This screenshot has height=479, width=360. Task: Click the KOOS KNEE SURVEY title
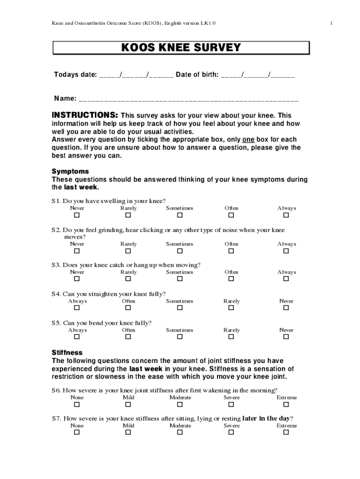(181, 48)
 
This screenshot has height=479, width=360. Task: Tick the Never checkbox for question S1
(77, 215)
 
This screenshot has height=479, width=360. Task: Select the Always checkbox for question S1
(286, 215)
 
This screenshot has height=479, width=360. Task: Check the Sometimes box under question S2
(180, 251)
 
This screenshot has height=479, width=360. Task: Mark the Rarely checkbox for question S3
(128, 279)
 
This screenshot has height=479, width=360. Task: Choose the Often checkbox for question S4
(128, 308)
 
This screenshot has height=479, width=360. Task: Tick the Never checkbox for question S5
(286, 337)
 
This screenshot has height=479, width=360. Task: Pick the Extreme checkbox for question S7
(286, 432)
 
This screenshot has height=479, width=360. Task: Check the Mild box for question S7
(128, 432)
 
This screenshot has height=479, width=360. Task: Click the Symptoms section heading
(70, 172)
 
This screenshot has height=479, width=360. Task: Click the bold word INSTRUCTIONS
(85, 116)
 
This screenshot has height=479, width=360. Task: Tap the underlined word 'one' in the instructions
(248, 140)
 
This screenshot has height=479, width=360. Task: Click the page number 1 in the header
(331, 23)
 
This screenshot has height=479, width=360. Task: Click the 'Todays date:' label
(75, 75)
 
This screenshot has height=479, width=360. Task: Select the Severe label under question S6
(231, 398)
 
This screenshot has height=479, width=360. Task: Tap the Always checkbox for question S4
(77, 308)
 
